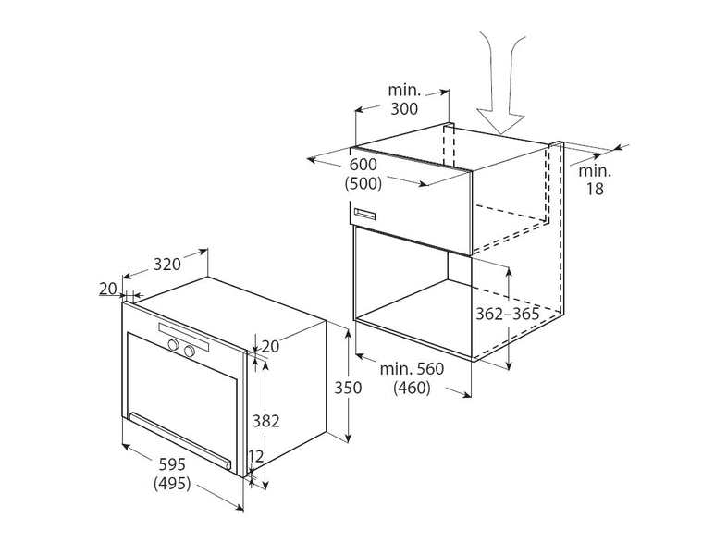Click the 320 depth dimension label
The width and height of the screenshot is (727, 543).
166,265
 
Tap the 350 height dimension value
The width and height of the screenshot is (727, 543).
348,388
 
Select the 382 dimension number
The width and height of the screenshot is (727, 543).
265,421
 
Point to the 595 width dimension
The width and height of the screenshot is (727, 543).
172,464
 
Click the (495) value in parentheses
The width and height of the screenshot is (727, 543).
172,484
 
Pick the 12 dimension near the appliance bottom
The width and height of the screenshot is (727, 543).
255,456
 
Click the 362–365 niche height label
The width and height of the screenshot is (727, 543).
508,314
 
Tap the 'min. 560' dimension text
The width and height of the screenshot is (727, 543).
412,369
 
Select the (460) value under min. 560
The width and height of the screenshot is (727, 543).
412,388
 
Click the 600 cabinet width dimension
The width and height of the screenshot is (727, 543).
363,164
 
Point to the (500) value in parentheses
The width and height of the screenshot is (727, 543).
363,184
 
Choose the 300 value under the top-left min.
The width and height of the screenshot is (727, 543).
404,108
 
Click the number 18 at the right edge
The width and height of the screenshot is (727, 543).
595,189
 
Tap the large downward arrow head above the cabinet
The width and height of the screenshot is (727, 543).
500,122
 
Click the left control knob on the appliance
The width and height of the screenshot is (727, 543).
174,344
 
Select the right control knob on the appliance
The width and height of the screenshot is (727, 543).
190,351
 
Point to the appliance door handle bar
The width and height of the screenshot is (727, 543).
179,440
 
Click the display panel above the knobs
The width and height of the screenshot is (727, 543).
183,337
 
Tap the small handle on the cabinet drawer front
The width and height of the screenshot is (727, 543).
366,215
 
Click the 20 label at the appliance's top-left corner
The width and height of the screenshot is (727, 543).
108,289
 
